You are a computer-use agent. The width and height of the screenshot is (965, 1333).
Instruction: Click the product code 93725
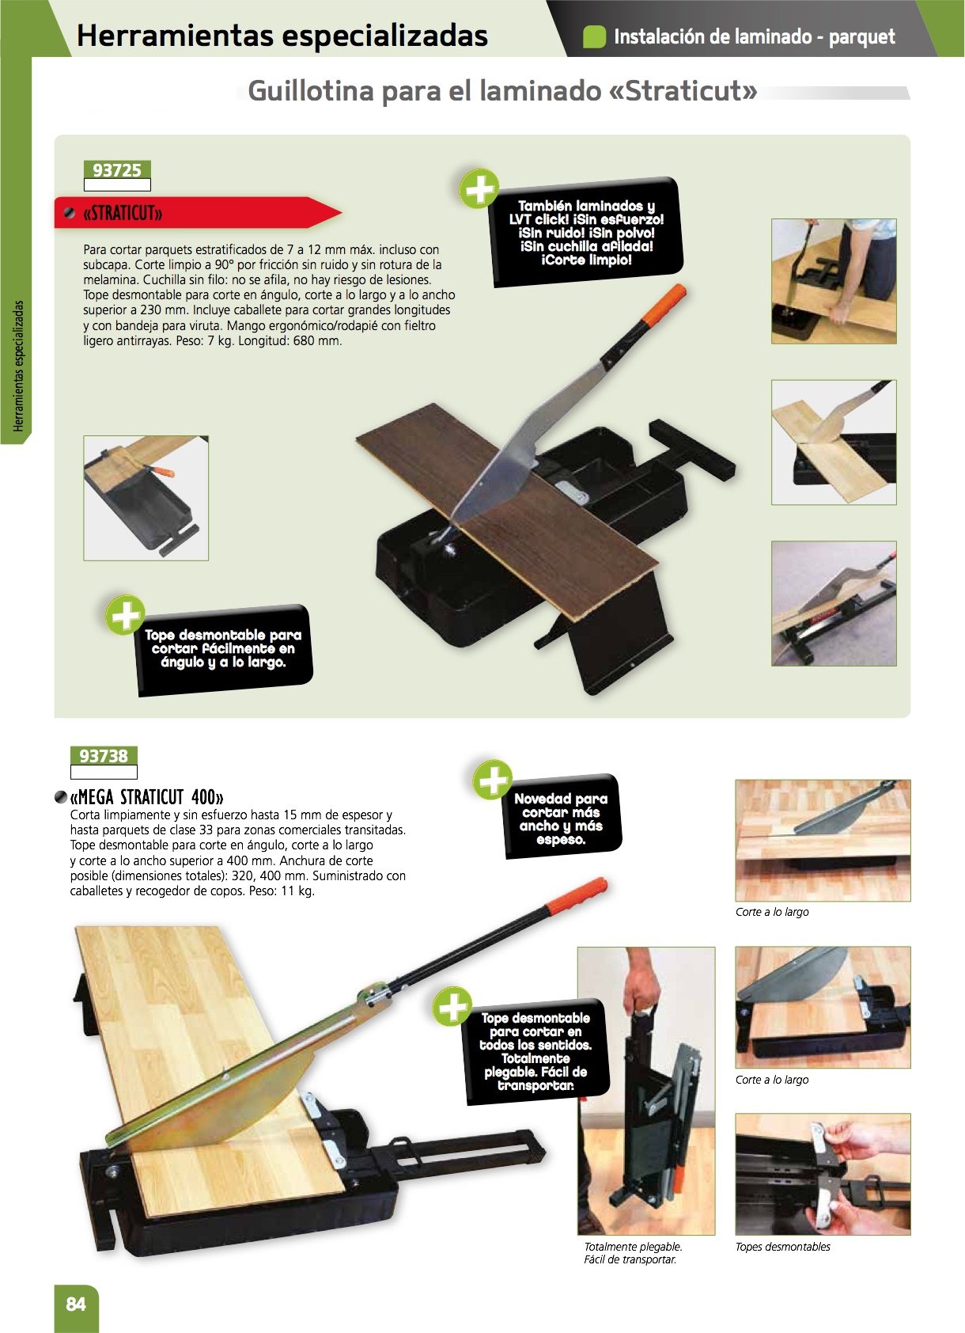117,170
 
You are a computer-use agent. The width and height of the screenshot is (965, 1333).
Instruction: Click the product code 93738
104,756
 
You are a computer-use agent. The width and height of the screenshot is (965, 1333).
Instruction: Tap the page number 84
75,1304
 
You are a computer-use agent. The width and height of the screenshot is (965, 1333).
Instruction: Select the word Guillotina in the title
311,92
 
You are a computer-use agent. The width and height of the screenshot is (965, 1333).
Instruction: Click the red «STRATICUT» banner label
198,212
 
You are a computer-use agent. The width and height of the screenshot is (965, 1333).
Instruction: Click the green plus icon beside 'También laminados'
479,189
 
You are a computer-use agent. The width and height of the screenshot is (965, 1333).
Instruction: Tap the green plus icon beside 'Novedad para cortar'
492,780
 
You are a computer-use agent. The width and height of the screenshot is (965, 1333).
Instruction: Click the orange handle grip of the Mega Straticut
576,896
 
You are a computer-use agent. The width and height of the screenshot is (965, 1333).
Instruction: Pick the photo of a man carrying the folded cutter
646,1090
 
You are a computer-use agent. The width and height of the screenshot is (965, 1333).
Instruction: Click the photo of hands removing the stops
823,1174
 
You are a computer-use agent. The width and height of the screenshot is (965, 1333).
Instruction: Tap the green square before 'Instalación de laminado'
594,37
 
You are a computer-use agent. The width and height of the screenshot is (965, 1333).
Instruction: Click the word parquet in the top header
861,37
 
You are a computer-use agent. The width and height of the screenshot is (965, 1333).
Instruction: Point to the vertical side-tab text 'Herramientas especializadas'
18,366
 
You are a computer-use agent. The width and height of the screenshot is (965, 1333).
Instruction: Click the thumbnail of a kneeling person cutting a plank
834,281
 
